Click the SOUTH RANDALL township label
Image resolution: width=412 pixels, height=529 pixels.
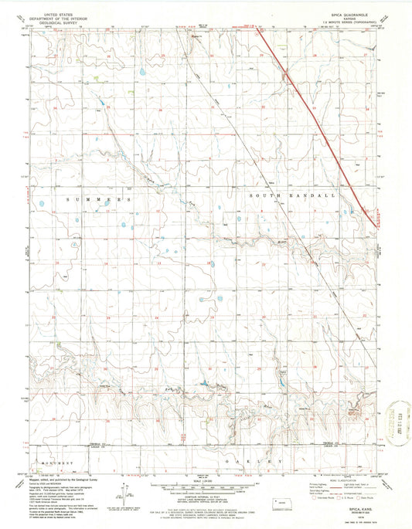click(x=293, y=196)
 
